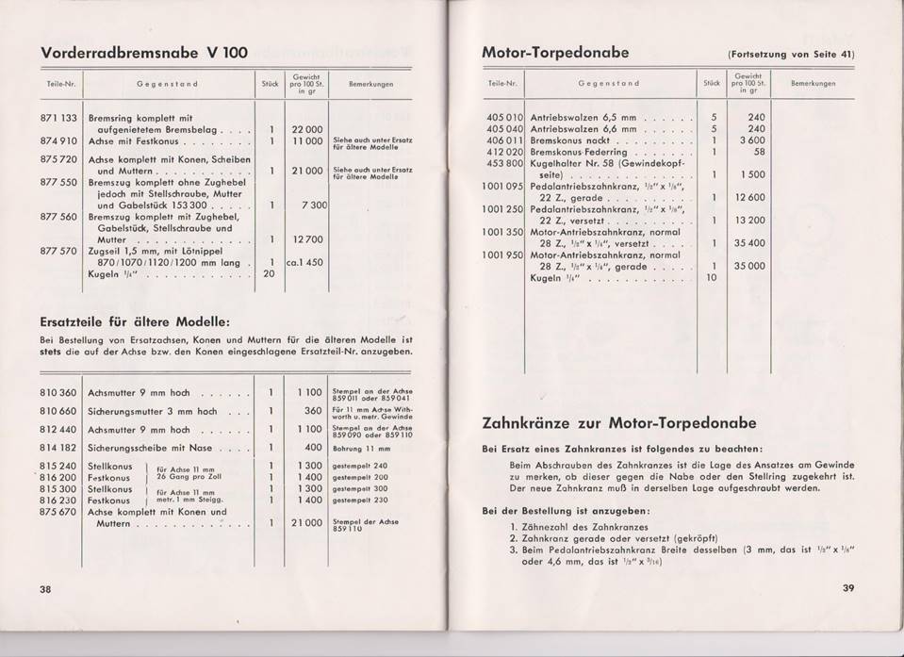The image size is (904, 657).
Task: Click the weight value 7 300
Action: click(314, 204)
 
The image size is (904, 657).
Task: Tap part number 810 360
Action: click(55, 391)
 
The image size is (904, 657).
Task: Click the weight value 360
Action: click(314, 411)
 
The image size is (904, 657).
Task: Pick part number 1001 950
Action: click(501, 254)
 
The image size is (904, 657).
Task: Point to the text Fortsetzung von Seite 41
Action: click(791, 54)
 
